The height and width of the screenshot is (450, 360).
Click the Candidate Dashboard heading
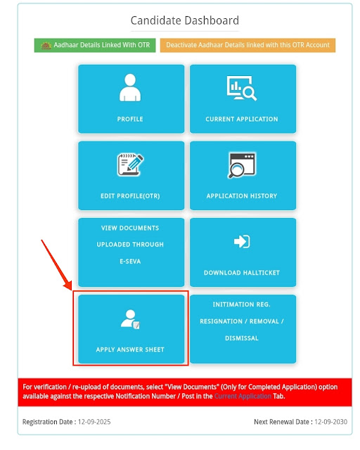click(185, 20)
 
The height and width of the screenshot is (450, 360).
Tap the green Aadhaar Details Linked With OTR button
click(95, 45)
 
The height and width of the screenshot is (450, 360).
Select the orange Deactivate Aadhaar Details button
click(247, 45)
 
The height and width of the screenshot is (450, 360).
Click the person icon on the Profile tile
click(130, 87)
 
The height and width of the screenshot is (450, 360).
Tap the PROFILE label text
click(130, 119)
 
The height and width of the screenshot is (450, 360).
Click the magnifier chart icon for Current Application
click(242, 88)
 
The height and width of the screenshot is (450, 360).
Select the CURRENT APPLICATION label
click(242, 119)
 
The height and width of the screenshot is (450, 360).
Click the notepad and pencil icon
click(130, 165)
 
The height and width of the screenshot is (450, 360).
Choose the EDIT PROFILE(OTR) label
click(130, 196)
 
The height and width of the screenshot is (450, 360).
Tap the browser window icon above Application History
click(242, 165)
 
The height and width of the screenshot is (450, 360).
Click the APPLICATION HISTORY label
click(242, 196)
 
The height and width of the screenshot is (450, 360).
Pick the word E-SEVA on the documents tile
click(130, 262)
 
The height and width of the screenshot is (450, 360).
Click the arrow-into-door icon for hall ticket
click(242, 241)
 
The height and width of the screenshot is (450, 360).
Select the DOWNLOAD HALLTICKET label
click(242, 273)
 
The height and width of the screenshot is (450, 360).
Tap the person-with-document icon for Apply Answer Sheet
click(130, 319)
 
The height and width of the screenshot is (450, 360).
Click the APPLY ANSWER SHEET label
click(130, 349)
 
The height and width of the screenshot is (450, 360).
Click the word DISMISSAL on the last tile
click(242, 338)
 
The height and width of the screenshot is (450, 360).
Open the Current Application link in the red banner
click(243, 397)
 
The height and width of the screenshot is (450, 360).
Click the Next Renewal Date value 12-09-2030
click(330, 422)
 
